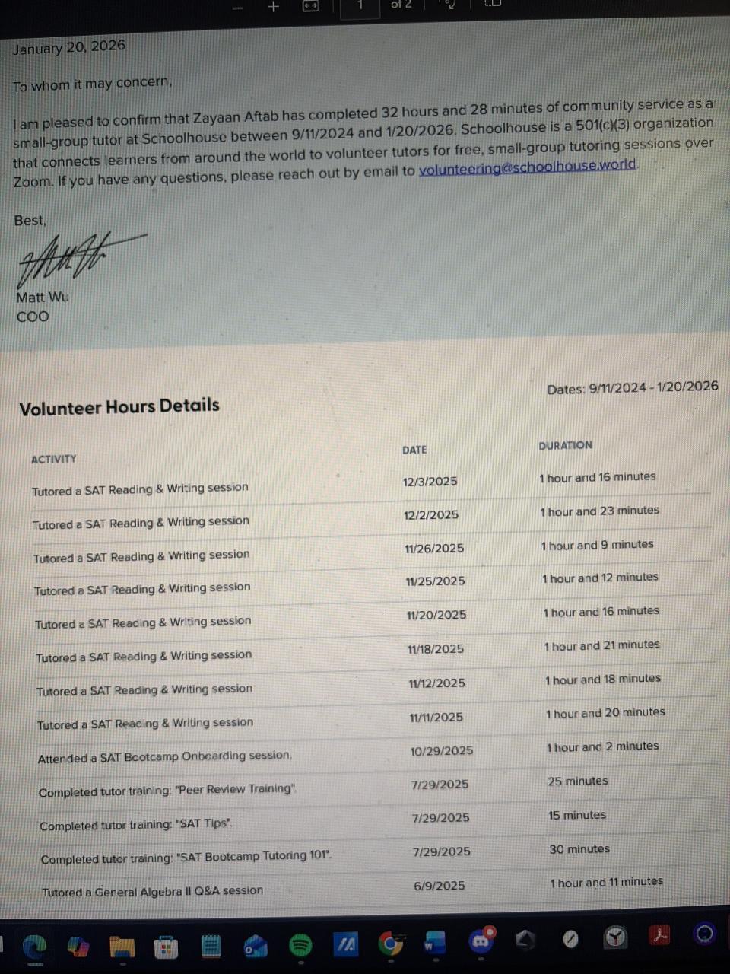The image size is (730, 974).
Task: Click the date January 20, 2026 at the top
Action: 68,47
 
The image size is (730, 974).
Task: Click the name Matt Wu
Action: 43,297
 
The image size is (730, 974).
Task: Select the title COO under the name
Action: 33,317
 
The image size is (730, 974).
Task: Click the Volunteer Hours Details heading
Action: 119,406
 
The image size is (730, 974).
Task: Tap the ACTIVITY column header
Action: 54,459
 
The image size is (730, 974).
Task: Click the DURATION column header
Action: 565,445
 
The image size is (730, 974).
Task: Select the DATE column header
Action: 414,450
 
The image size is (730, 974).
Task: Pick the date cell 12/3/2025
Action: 430,481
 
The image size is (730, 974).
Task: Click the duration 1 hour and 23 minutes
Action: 599,511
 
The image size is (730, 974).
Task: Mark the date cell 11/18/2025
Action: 436,649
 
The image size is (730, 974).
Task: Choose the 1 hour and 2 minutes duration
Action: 602,746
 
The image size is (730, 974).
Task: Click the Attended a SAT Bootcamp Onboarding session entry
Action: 165,756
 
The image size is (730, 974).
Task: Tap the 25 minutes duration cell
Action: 578,781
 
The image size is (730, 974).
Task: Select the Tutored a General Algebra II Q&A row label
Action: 152,891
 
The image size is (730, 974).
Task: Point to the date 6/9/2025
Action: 440,886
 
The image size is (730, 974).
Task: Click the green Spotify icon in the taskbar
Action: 301,945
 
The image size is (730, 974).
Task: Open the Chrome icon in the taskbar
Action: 391,944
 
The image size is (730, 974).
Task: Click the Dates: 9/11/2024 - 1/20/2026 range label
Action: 633,387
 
